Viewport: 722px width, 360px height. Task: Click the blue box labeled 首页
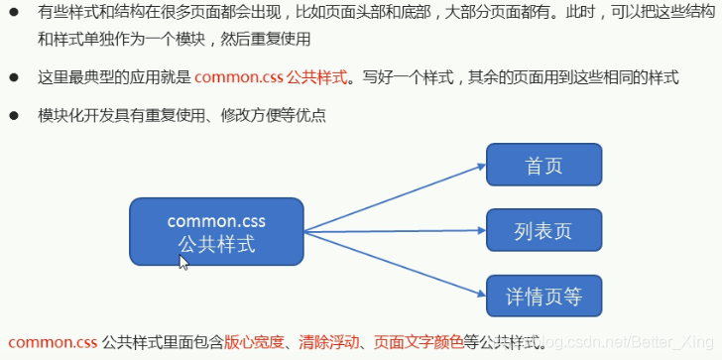tap(543, 164)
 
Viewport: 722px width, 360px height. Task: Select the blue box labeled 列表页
tap(543, 230)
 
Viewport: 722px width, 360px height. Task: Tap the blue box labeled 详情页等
tap(543, 296)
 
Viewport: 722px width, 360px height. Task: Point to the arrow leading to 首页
tap(397, 194)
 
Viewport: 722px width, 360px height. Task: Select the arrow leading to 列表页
tap(397, 232)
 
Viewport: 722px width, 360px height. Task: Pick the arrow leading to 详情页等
tap(397, 265)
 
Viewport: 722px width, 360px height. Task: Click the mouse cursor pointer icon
tap(183, 262)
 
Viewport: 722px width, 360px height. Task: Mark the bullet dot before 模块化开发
tap(16, 116)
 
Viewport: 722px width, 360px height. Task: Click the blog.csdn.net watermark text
tap(615, 343)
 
